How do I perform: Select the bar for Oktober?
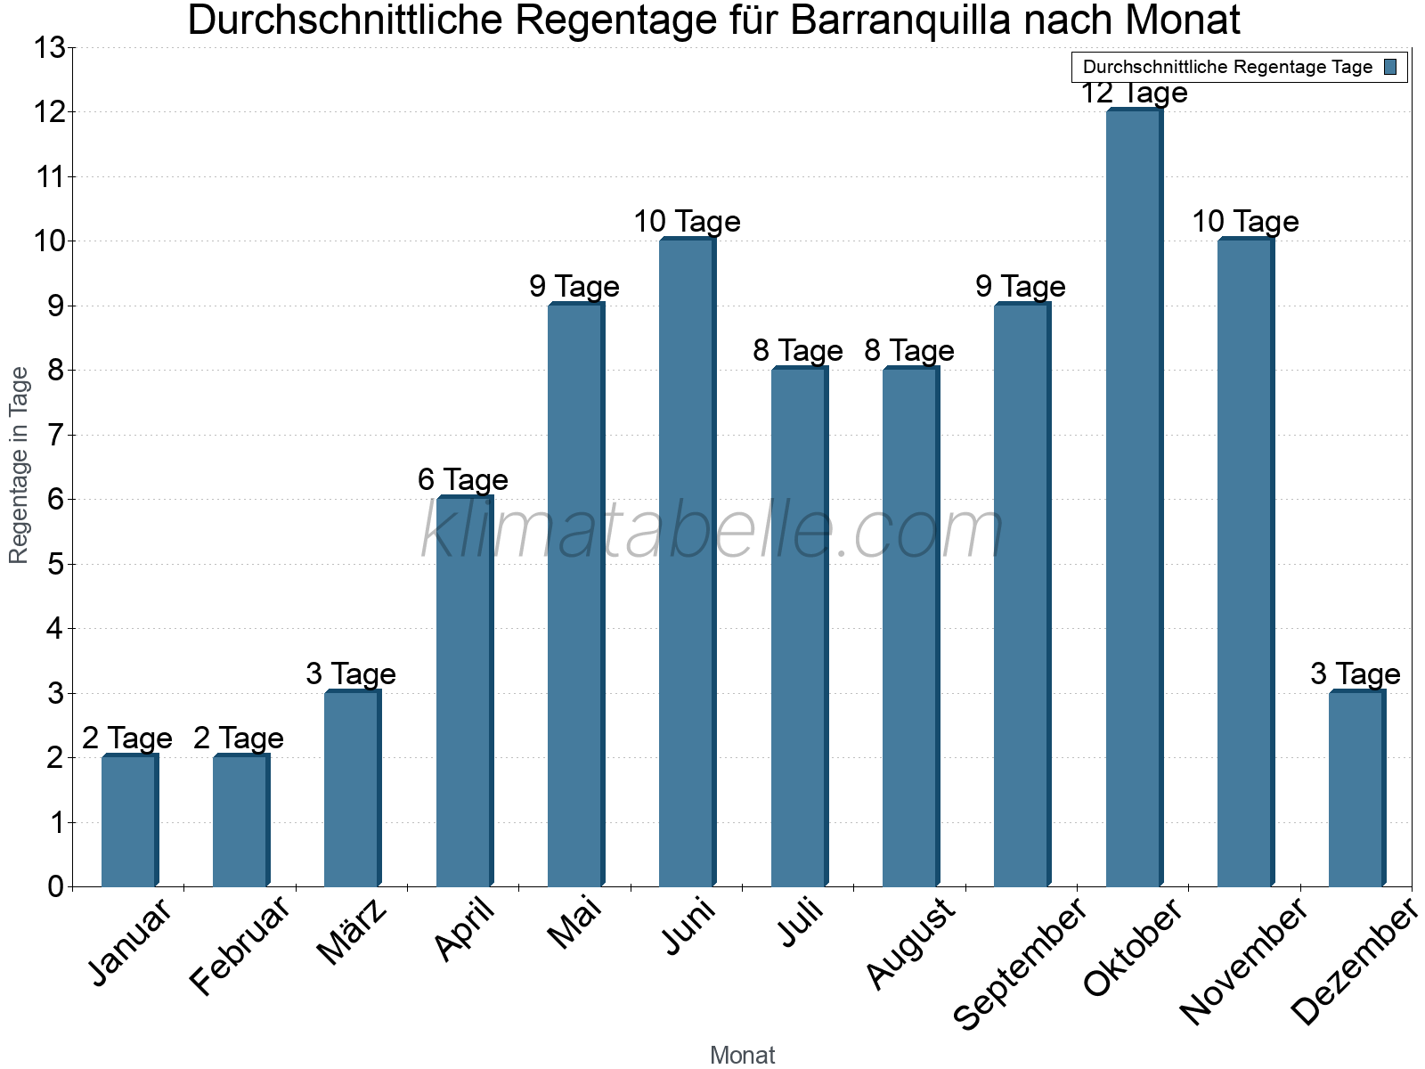[1133, 499]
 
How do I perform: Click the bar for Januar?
[129, 821]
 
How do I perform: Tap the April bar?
[464, 691]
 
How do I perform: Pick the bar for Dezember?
[1356, 789]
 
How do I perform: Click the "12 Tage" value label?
[1134, 93]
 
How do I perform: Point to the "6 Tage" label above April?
[463, 480]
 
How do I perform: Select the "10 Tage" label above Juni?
[687, 222]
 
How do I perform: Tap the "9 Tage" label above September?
[1021, 287]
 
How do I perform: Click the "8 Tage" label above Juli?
[798, 351]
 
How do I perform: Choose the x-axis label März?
[353, 932]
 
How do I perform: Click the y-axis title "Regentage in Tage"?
[19, 465]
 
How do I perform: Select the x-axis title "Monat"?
[742, 1055]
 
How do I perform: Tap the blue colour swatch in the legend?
[1391, 67]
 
